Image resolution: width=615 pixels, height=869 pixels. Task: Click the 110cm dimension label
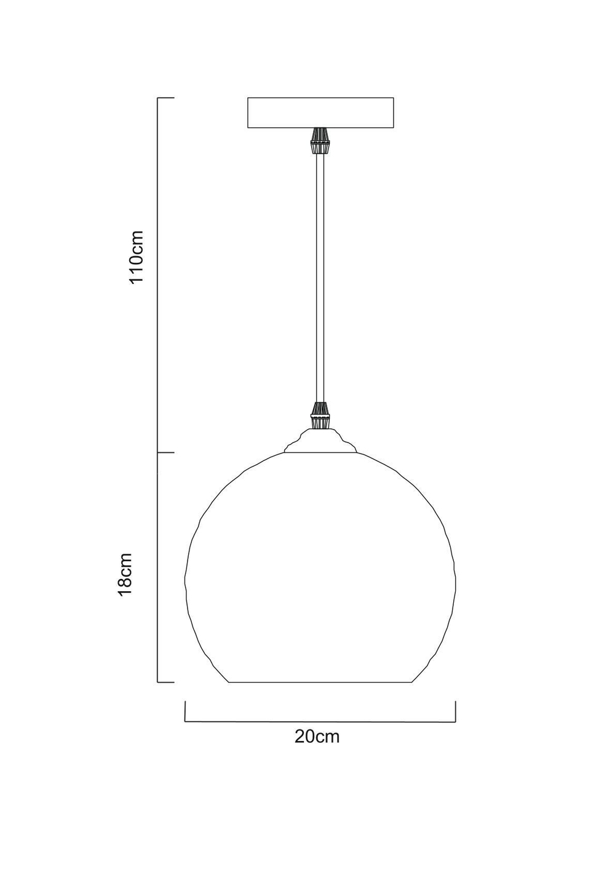pos(135,256)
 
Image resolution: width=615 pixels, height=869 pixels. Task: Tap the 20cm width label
pos(317,736)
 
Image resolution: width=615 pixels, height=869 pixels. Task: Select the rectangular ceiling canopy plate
pos(320,112)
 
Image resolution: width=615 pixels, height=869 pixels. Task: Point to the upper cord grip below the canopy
pos(320,141)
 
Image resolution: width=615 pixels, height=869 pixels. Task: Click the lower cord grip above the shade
pos(320,416)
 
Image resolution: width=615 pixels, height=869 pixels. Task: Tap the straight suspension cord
pos(320,277)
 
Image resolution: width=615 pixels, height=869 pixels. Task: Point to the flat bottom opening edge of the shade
pos(320,682)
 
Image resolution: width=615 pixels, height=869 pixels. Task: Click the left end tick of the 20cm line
pos(185,711)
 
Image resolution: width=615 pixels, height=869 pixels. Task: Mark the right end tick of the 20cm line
pos(455,711)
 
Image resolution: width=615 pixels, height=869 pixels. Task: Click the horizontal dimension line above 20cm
pos(320,722)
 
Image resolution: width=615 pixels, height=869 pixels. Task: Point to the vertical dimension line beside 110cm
pos(159,277)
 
